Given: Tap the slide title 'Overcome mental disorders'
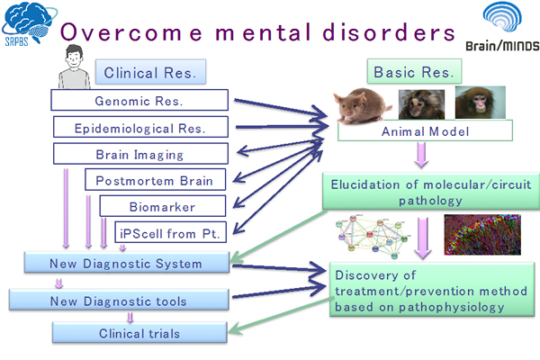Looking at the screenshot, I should [x=256, y=31].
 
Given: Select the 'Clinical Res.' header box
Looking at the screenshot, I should [x=149, y=72].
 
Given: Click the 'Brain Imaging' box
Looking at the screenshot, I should [x=139, y=154].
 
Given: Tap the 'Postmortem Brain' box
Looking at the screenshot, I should [x=154, y=180].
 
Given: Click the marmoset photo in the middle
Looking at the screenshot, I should [x=424, y=103].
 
